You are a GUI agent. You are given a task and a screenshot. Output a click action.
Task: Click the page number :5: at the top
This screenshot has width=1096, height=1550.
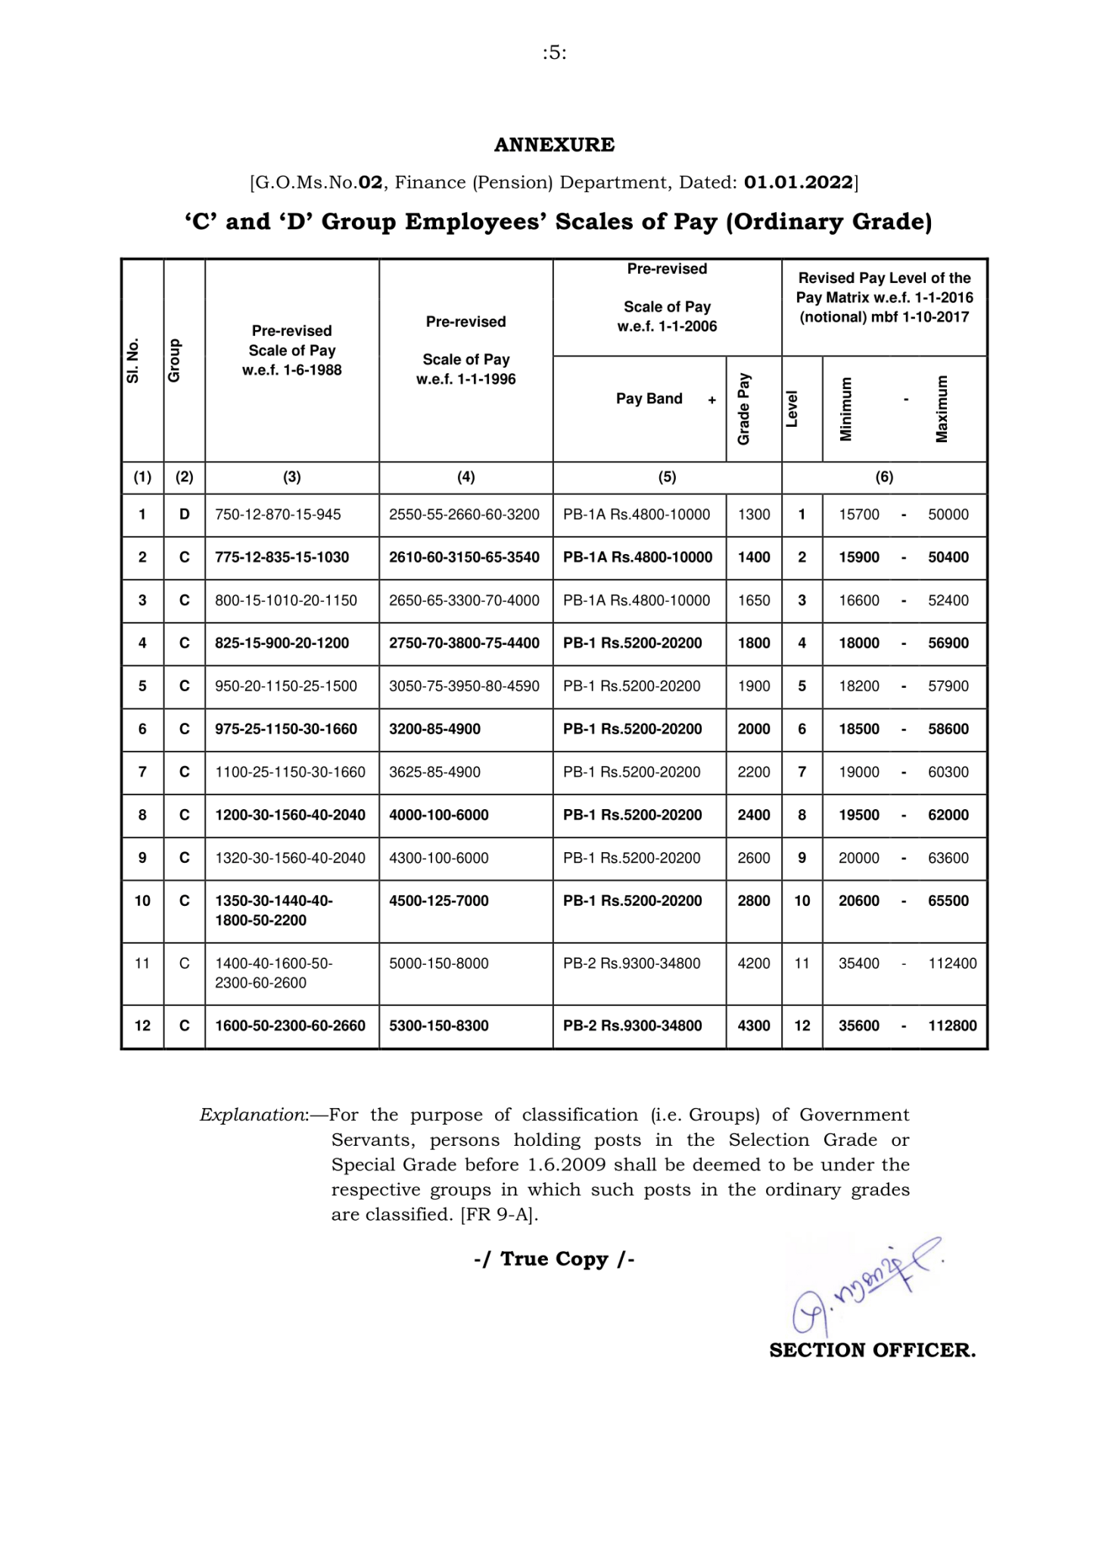tap(554, 53)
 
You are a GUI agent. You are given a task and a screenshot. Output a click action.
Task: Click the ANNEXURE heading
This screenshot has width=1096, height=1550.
tap(554, 145)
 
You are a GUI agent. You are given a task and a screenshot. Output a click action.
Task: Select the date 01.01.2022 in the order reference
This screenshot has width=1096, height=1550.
tap(799, 182)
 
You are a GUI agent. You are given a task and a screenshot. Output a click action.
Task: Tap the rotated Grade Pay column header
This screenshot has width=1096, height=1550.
tap(743, 409)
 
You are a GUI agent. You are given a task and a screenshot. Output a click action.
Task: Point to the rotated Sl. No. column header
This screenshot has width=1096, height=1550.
tap(133, 360)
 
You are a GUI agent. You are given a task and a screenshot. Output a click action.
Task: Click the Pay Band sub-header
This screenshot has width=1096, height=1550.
tap(649, 399)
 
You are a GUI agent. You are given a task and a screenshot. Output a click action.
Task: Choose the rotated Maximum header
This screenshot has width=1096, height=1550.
tap(942, 409)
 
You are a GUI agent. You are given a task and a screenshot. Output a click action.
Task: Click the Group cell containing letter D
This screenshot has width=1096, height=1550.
tap(184, 515)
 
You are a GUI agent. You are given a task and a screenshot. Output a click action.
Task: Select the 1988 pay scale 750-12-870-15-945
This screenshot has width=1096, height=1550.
tap(278, 515)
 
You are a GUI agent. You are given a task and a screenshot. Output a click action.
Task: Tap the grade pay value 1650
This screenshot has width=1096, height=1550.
tap(754, 600)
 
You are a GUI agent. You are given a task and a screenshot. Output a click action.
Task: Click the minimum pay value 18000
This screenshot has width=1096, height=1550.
tap(859, 643)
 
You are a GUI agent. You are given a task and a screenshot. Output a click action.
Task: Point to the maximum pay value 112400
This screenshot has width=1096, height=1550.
tap(952, 963)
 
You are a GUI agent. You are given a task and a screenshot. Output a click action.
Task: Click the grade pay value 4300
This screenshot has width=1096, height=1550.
tap(754, 1026)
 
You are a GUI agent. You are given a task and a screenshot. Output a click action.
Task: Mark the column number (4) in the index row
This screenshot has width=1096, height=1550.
tap(465, 477)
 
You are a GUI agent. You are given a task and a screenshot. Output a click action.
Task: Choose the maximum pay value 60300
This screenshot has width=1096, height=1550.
tap(948, 772)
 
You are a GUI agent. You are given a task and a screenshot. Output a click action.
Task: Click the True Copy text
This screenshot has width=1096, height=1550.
tap(554, 1259)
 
